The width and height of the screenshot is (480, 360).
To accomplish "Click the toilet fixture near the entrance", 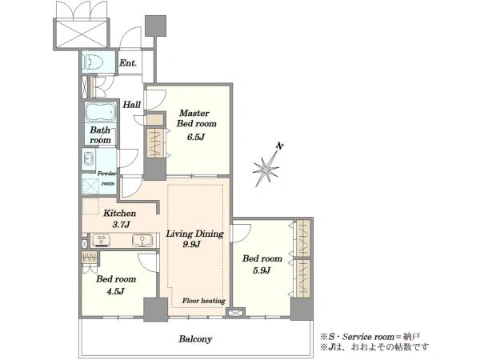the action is click(x=93, y=62).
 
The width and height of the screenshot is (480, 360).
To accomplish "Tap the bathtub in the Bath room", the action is click(x=101, y=112).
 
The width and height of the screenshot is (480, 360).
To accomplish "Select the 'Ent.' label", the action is click(x=128, y=63).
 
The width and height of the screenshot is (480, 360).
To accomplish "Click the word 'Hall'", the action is click(x=132, y=105).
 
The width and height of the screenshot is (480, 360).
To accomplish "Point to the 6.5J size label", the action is click(x=196, y=137).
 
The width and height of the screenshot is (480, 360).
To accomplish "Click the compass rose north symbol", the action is click(x=266, y=168).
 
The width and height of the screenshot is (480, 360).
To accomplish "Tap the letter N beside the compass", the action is click(x=279, y=146).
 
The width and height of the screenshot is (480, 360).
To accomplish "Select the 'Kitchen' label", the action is click(x=119, y=213).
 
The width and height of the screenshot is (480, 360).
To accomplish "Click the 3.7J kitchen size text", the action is click(x=122, y=225).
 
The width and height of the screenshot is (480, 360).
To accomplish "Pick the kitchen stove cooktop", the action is click(x=102, y=240).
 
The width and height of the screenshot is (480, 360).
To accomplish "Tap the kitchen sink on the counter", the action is click(x=142, y=240).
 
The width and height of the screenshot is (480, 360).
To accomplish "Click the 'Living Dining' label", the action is click(x=194, y=234).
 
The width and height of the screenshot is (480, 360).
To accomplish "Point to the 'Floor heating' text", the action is click(x=203, y=301).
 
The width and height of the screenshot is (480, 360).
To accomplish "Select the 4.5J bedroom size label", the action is click(x=115, y=291).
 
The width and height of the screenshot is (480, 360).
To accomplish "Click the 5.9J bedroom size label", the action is click(x=262, y=270).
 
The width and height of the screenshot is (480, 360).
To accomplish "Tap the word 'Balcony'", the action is click(x=195, y=339).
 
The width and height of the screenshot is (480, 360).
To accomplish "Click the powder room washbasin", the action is click(x=89, y=159).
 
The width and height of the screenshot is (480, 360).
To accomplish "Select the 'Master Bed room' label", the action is click(x=196, y=118).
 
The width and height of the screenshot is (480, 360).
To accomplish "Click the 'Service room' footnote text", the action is click(x=368, y=337).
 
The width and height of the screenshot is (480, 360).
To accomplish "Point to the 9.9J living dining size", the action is click(x=192, y=244).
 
